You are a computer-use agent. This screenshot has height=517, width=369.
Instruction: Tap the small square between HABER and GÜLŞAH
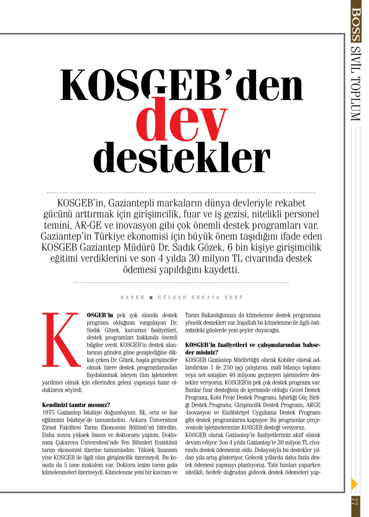tap(151, 298)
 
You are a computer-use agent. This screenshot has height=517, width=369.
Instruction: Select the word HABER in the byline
tap(132, 298)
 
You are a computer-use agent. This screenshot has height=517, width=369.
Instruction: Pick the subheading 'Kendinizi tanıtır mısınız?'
tap(76, 405)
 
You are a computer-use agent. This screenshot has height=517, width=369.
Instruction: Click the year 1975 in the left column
tap(48, 412)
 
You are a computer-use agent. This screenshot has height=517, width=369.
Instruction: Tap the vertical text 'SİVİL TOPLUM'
tap(355, 83)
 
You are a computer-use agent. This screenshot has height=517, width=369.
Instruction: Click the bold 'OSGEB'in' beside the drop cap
tap(100, 315)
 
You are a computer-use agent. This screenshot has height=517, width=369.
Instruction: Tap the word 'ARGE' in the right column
tap(313, 405)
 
